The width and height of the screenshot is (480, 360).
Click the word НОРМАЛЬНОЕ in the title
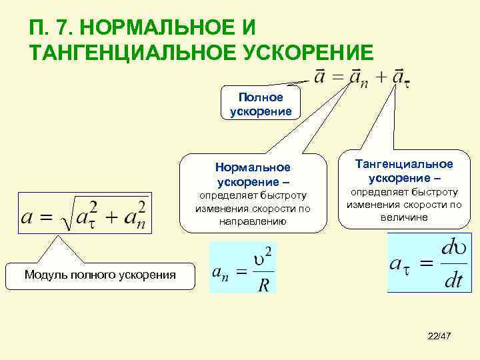click(160, 29)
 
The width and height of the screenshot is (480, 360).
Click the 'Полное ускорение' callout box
click(261, 105)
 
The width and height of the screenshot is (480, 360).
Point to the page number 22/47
click(439, 340)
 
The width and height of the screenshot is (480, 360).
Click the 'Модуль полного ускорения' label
click(100, 274)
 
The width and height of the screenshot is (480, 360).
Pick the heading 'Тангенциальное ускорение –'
click(403, 171)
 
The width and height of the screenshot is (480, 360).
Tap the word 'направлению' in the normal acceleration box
click(253, 221)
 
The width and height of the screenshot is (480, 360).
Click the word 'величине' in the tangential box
click(404, 217)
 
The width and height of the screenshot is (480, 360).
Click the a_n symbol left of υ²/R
click(222, 273)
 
